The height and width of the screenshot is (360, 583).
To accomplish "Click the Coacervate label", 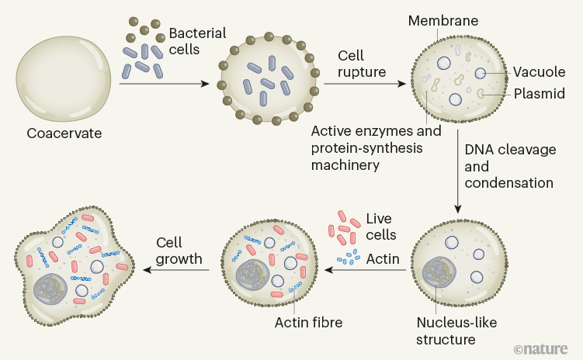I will tap(64, 133).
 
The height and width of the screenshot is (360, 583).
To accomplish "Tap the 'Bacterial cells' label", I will tap(197, 41).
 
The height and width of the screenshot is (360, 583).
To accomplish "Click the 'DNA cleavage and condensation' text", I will tap(508, 166).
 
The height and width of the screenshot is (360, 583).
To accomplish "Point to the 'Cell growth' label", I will tap(179, 249).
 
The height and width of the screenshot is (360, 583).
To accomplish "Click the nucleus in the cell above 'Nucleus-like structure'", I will tap(439, 273).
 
